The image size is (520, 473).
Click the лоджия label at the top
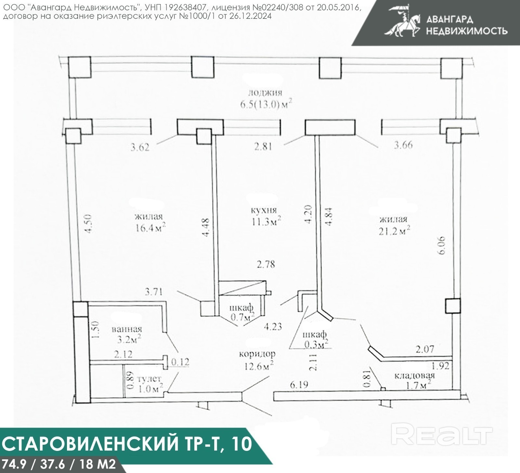(x=265, y=93)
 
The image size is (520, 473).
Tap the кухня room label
(x=264, y=210)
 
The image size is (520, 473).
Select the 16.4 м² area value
(x=150, y=227)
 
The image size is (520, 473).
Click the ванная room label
(x=127, y=329)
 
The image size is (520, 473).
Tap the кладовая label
(x=414, y=376)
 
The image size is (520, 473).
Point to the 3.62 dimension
(x=140, y=147)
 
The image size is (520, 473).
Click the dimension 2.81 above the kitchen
(x=263, y=147)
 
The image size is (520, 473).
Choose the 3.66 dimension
(x=403, y=145)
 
